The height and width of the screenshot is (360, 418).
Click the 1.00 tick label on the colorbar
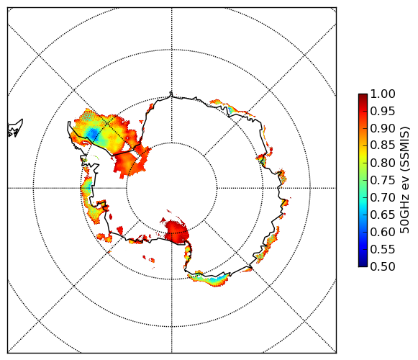383,94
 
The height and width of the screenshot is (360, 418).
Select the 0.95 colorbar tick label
383,112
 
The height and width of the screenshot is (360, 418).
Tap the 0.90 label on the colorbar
383,129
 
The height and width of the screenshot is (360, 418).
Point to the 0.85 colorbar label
383,145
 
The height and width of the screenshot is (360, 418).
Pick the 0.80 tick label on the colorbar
383,163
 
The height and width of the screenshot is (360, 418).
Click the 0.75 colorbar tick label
383,181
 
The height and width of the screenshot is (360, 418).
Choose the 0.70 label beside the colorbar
383,198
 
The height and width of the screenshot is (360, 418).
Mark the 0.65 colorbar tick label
383,215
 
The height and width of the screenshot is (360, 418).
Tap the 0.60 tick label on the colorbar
383,232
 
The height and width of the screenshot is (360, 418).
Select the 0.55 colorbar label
383,250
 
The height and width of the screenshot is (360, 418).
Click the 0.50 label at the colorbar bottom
383,266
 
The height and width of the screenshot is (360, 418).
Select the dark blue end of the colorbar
363,264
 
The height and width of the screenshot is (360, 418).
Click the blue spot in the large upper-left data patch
93,133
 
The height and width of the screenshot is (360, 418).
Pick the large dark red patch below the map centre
177,231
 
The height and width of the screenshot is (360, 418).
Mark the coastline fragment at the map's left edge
15,128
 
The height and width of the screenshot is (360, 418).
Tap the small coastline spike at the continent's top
171,94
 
